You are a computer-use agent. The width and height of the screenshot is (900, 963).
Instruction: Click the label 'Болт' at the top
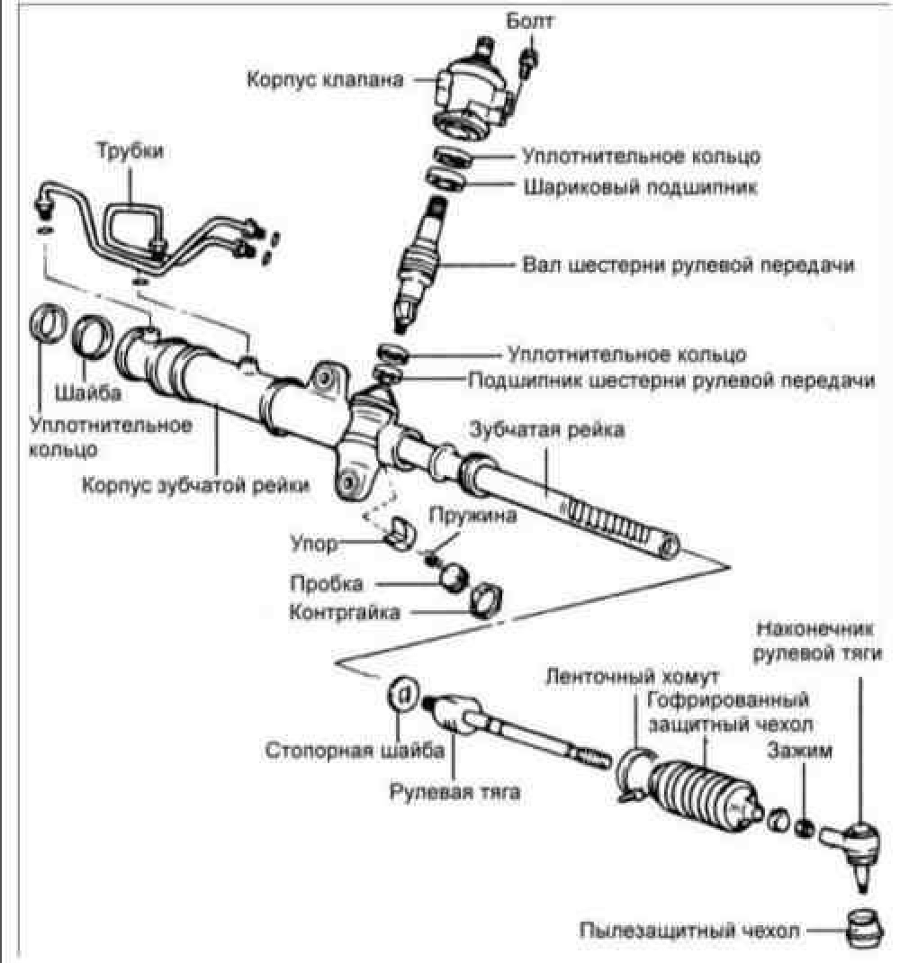[x=529, y=22]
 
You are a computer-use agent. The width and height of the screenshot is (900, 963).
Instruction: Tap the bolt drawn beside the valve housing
[x=528, y=61]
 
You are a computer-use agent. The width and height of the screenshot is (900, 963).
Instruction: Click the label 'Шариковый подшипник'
[x=640, y=186]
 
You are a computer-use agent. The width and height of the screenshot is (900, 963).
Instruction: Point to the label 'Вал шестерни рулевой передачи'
[x=688, y=265]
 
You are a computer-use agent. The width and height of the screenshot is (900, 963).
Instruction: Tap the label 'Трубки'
[x=130, y=151]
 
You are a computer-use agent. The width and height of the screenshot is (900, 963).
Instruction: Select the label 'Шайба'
[x=88, y=392]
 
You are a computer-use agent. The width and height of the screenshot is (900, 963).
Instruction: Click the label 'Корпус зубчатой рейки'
[x=195, y=485]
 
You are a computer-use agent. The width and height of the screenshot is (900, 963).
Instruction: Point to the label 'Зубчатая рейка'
[x=547, y=430]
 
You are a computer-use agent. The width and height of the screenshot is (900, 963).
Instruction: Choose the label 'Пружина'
[x=472, y=515]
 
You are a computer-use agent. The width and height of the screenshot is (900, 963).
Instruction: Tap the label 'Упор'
[x=314, y=544]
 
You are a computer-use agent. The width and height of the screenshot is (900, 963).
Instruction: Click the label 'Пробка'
[x=326, y=583]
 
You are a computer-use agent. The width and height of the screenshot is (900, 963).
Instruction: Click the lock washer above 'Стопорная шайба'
[x=402, y=694]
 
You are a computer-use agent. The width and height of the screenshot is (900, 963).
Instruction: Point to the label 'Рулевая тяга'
[x=454, y=791]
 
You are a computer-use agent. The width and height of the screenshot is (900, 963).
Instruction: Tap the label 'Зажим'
[x=800, y=751]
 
